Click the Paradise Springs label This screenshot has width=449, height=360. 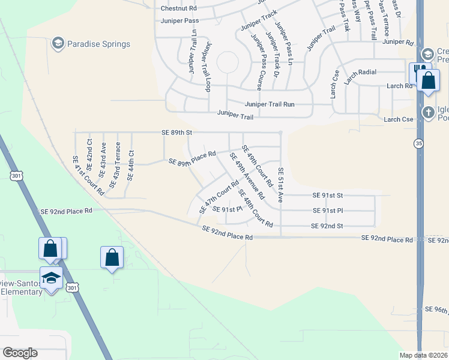98,44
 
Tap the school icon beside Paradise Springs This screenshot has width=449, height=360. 58,43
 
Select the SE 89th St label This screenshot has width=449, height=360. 176,132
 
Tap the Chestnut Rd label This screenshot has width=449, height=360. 179,8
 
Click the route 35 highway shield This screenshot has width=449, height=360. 418,143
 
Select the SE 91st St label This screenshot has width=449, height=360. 327,195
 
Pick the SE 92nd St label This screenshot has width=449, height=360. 327,226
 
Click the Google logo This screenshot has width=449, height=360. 20,353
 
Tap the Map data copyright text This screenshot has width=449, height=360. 424,355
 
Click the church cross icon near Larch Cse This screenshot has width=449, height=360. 428,112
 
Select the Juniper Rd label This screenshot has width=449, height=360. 398,42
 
